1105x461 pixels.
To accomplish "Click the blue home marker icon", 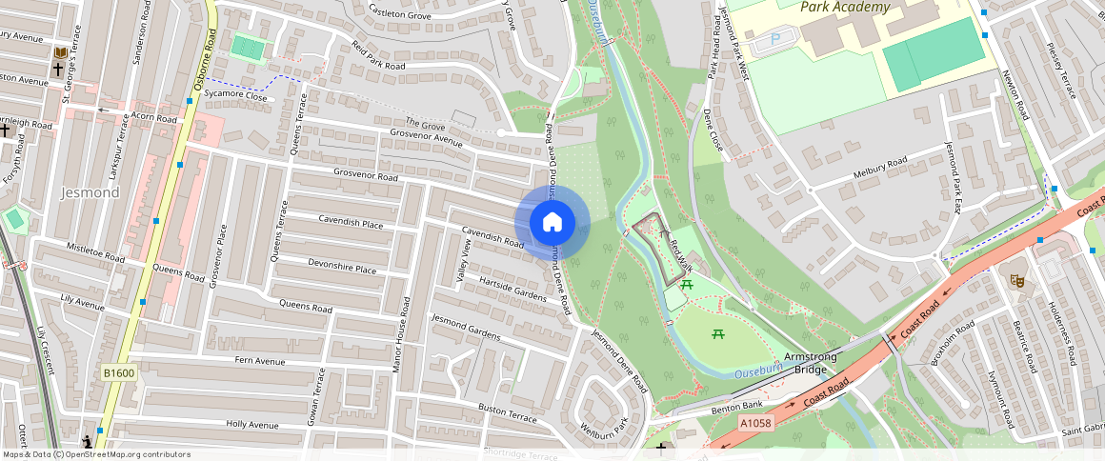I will tap(552, 223).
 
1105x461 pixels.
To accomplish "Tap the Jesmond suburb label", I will tap(90, 192).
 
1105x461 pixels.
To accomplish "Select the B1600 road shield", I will tap(119, 373).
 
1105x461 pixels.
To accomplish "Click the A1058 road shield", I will tap(754, 423).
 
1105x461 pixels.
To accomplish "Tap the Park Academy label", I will tap(845, 8).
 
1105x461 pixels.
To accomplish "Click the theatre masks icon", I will tap(1016, 281).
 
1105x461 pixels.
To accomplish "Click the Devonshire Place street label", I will tap(342, 267).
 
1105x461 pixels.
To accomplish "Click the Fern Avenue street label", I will tap(260, 361).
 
